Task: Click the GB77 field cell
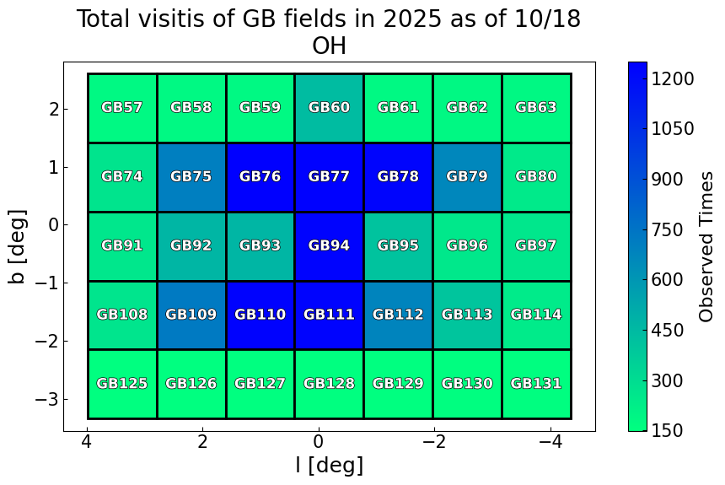click(329, 177)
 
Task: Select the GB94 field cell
click(329, 246)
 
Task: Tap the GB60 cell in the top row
click(329, 108)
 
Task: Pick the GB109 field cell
click(191, 315)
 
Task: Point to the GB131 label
click(536, 384)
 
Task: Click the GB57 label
click(122, 108)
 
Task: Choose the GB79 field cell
click(467, 177)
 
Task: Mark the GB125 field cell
click(122, 384)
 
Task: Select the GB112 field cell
click(398, 315)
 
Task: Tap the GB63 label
click(536, 108)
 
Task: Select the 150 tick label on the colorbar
click(672, 430)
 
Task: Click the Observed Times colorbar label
click(706, 246)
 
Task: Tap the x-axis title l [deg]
click(329, 465)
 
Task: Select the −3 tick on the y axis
click(45, 398)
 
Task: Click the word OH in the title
click(329, 46)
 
